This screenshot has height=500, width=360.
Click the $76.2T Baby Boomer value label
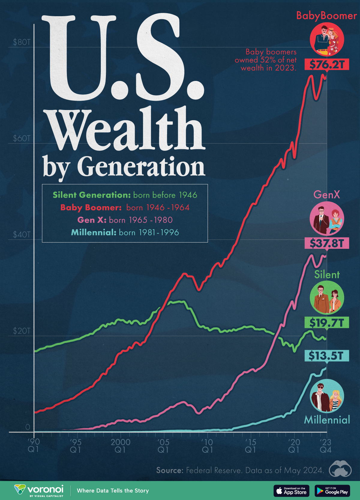pos(327,64)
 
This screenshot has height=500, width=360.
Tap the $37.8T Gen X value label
pos(327,243)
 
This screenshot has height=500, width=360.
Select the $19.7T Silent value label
pos(327,323)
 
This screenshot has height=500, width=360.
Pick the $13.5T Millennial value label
pos(327,356)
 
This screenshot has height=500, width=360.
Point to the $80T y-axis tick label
pos(22,42)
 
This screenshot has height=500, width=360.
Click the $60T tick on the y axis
pos(22,138)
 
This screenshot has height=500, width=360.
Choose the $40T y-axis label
pos(22,235)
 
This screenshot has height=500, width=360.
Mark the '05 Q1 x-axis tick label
pos(163,446)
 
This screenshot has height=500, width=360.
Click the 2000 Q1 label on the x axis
pos(120,446)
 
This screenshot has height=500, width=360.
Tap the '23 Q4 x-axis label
pos(325,446)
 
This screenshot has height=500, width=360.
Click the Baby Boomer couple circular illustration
pos(327,39)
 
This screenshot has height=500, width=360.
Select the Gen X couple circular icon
pos(327,218)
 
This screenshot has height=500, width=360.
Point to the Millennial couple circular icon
pos(327,396)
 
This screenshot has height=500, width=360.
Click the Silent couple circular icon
pos(327,298)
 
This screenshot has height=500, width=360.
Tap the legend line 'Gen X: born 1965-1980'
pos(125,220)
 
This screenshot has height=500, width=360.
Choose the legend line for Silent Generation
pos(125,195)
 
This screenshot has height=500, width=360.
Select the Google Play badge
pos(332,491)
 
